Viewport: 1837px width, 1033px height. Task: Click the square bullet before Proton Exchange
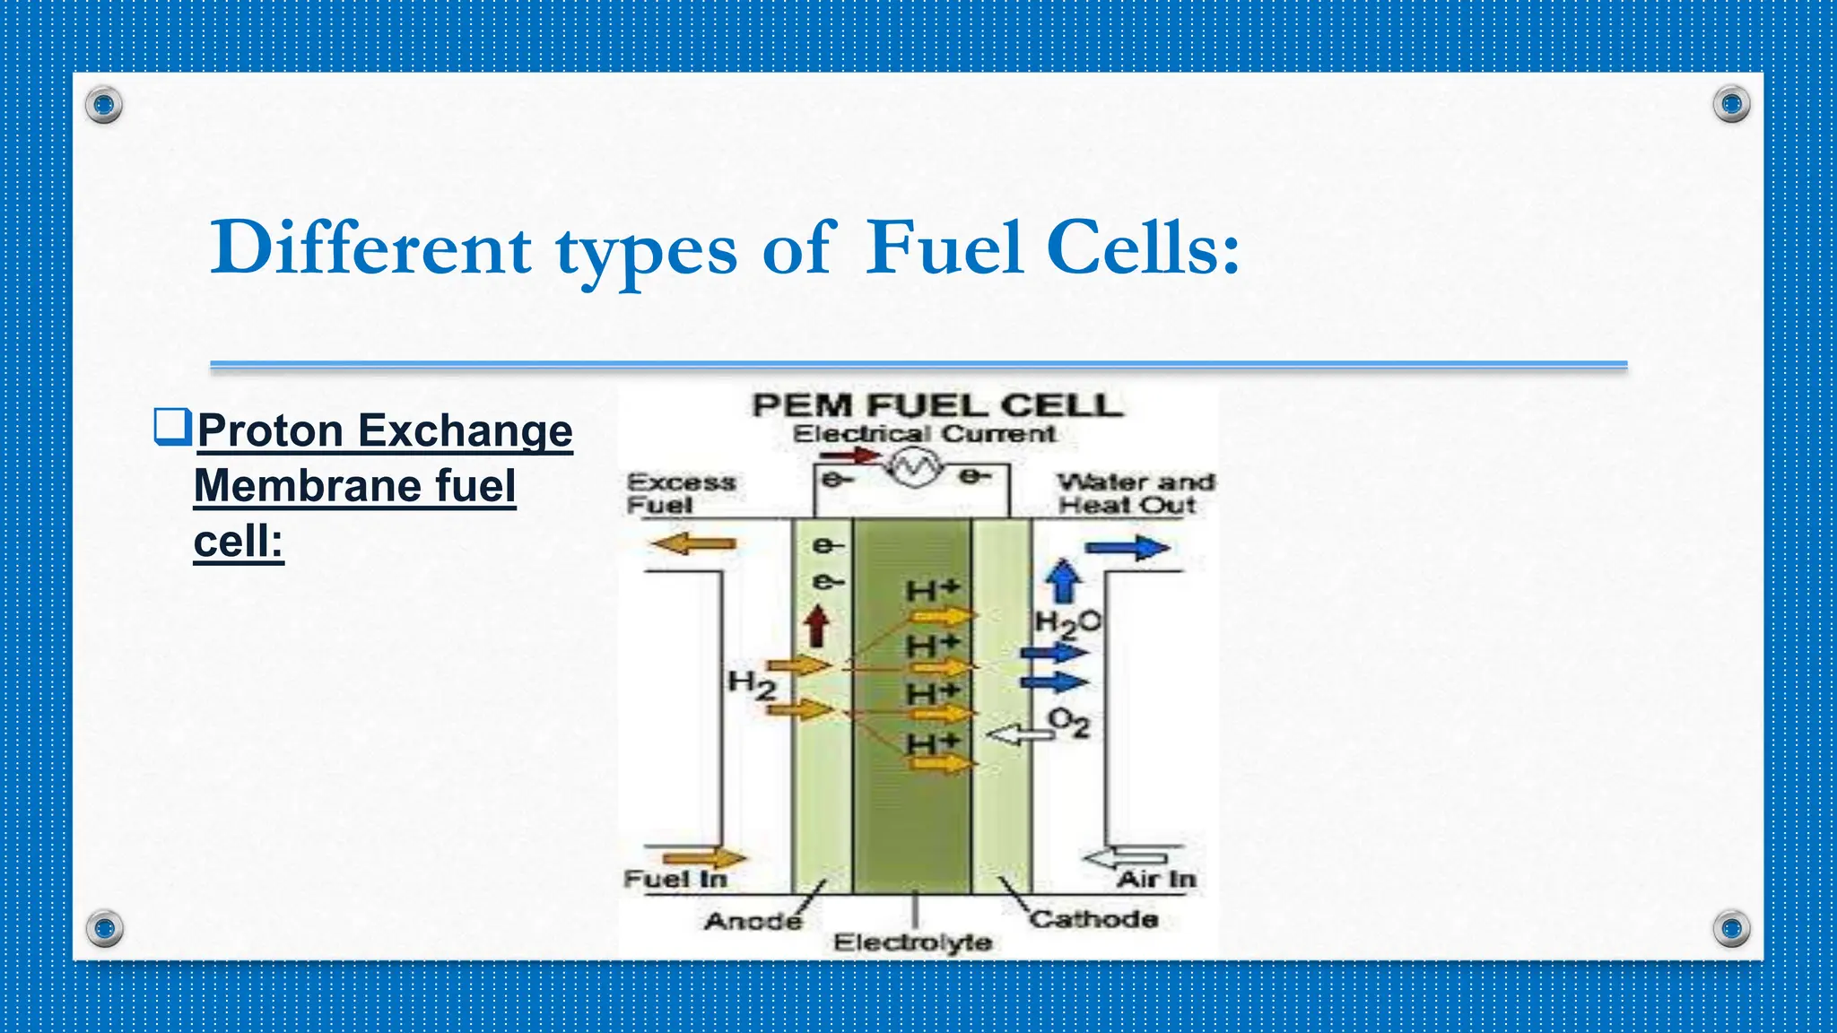171,427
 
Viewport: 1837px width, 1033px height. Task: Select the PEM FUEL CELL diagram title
936,405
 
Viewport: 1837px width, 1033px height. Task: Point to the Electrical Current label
924,434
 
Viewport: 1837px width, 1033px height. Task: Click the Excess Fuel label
680,493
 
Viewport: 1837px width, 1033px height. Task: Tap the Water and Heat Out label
1135,493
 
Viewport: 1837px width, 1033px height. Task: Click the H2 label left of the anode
751,685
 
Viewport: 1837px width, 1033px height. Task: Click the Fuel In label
675,879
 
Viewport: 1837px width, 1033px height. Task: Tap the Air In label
1156,880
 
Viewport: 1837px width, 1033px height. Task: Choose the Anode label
753,921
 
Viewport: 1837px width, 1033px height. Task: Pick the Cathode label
1093,919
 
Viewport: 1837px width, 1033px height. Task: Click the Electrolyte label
912,942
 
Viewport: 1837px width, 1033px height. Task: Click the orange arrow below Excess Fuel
692,543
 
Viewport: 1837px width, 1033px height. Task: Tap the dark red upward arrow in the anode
816,626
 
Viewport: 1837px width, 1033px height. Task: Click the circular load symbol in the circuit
914,467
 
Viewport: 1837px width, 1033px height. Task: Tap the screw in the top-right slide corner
1731,105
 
